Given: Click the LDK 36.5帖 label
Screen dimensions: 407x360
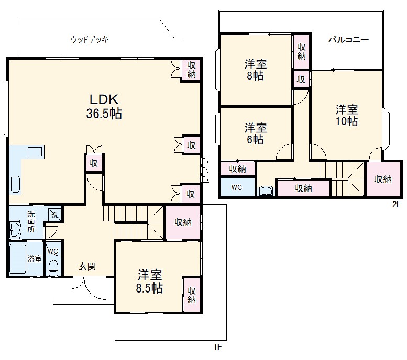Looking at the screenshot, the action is [x=104, y=106].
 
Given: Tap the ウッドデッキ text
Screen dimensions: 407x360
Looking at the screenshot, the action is [x=90, y=40].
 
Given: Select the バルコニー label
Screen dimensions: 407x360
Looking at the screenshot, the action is [x=349, y=40].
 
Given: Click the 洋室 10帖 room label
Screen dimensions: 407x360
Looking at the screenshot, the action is [x=347, y=115].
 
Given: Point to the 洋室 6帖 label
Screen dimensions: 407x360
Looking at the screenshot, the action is [x=256, y=133].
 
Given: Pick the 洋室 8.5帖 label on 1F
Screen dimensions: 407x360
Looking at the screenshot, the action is [x=150, y=282].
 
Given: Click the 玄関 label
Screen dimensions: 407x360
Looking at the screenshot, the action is [x=87, y=266].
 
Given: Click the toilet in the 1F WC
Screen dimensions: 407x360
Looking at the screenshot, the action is [x=54, y=268].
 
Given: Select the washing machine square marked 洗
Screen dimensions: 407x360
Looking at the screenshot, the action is [x=55, y=215].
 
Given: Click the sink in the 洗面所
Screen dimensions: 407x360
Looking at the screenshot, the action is [x=15, y=229].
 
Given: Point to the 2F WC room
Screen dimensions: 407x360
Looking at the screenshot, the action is [x=237, y=187].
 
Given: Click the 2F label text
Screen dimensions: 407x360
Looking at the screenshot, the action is [x=397, y=205].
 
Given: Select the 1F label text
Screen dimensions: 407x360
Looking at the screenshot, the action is [x=218, y=347].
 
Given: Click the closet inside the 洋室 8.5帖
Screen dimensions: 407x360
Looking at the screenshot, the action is [x=192, y=295].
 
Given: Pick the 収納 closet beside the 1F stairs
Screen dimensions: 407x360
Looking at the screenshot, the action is [x=183, y=222].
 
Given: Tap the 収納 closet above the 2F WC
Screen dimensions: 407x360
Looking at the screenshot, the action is [x=237, y=169].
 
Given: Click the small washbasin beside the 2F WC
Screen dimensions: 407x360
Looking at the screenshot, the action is [x=266, y=191].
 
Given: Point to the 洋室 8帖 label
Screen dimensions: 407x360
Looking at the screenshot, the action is [x=256, y=70].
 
